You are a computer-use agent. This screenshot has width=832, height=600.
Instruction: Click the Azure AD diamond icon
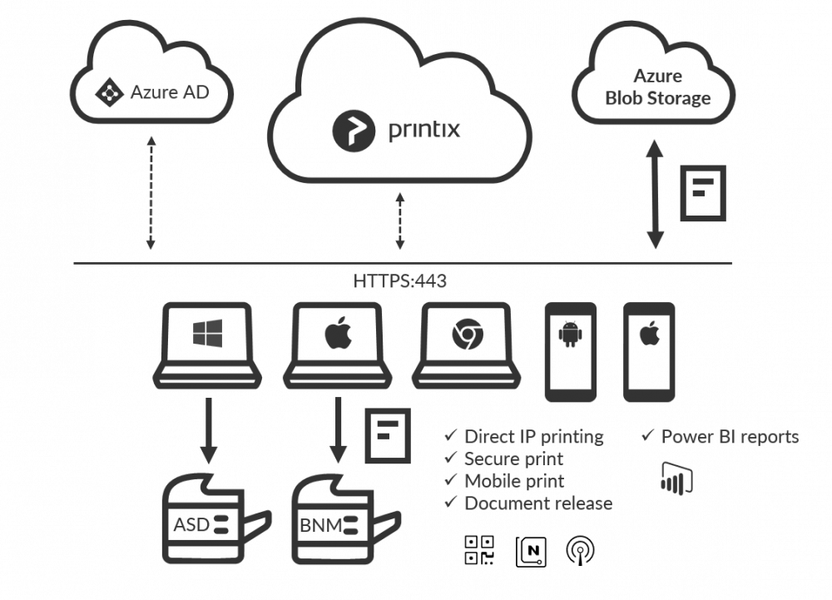[x=108, y=92]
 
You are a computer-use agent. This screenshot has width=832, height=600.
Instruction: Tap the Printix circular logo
[x=354, y=130]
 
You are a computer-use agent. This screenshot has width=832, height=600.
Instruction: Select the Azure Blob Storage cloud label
[x=657, y=87]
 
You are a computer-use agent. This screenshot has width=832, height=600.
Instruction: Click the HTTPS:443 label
[x=400, y=280]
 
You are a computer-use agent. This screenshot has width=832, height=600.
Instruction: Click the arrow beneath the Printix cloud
[x=400, y=221]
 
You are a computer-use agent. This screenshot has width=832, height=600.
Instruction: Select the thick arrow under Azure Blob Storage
[x=655, y=196]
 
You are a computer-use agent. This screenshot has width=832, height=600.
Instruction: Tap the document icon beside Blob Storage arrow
[x=702, y=192]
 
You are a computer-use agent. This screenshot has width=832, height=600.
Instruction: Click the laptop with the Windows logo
[x=207, y=344]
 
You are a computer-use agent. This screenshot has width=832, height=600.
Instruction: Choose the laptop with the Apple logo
[x=337, y=344]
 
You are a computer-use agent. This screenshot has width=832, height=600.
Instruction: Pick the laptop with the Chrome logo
[x=466, y=344]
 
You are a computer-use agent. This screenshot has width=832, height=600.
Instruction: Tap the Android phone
[x=570, y=350]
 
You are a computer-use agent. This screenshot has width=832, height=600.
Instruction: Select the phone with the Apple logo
[x=649, y=350]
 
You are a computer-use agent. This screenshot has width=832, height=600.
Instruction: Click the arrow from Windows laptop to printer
[x=208, y=429]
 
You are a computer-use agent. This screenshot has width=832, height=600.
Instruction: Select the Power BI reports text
[x=729, y=437]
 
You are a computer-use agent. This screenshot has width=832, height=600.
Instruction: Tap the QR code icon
[x=479, y=550]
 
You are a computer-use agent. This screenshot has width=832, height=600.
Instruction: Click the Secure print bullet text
[x=513, y=459]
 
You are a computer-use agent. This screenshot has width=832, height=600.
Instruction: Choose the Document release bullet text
[x=537, y=503]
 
